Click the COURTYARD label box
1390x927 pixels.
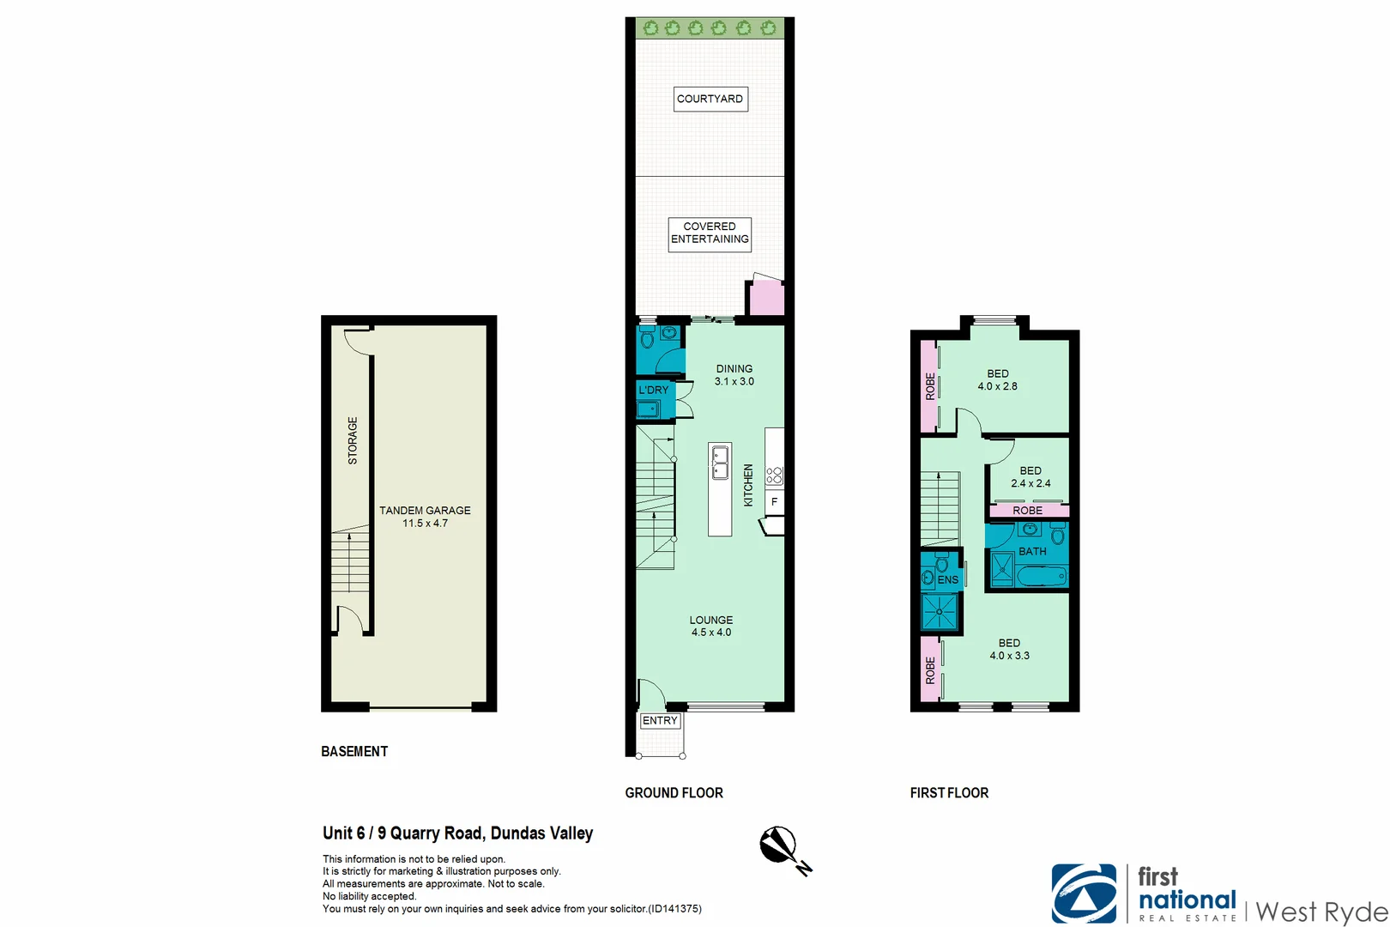(710, 99)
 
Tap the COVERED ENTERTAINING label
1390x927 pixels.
(710, 233)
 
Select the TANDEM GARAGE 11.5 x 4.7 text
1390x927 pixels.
(425, 517)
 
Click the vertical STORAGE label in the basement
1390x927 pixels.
(353, 440)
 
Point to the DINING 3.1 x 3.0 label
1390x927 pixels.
(734, 375)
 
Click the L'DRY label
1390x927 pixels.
(653, 390)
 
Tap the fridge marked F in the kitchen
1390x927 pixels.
(774, 502)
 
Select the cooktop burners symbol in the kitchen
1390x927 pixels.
(774, 476)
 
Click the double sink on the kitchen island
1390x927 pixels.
(720, 463)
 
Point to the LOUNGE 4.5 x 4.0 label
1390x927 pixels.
(710, 626)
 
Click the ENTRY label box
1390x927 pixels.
(660, 721)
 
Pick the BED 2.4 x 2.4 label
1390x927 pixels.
(1030, 477)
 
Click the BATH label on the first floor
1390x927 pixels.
(1032, 551)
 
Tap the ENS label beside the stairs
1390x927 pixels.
(947, 580)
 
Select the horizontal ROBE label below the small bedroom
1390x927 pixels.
(1027, 511)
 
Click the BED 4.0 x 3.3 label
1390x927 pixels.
(1009, 649)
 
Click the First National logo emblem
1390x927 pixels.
(1084, 894)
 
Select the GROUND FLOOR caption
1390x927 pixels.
(674, 793)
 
